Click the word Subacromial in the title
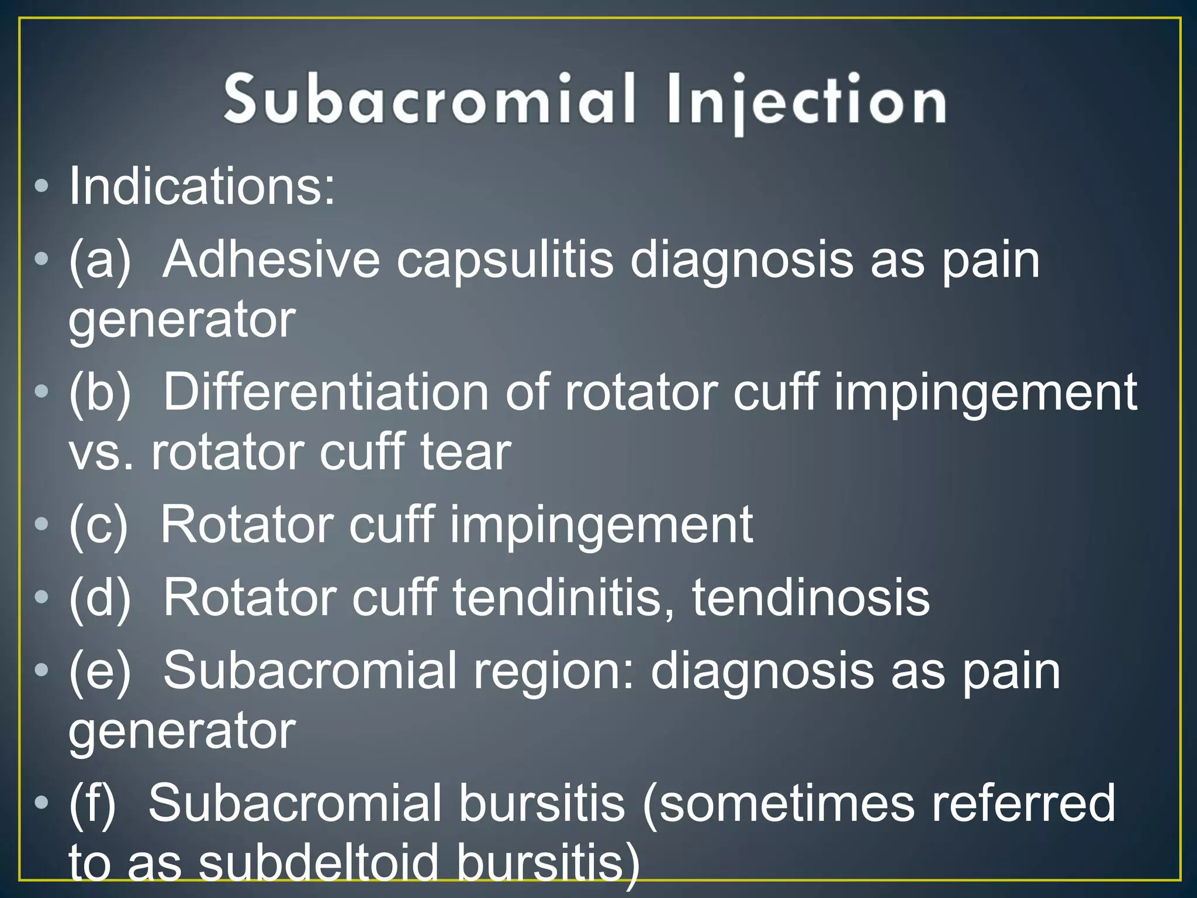430,99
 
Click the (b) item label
100,392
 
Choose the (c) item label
98,524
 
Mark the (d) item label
100,597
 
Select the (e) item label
100,671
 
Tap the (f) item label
92,804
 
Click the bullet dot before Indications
41,187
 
